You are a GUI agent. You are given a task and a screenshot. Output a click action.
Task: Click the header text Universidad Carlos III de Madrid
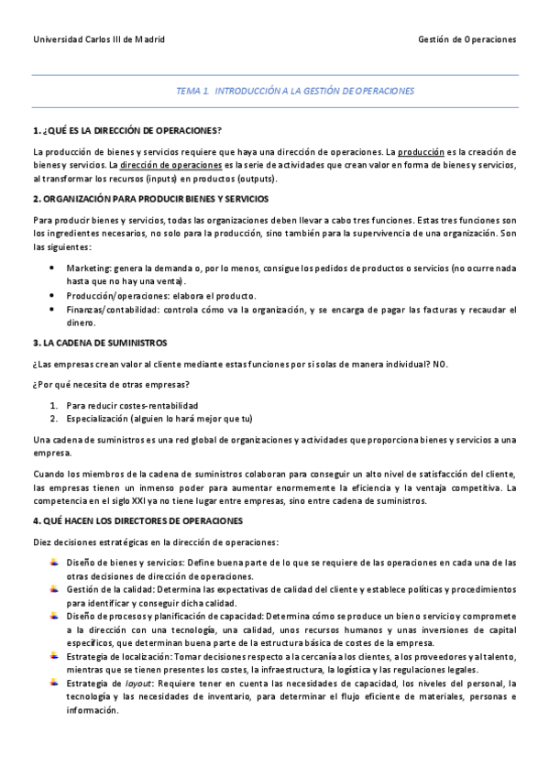point(99,40)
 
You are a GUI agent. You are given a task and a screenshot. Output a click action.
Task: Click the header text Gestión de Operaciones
point(467,40)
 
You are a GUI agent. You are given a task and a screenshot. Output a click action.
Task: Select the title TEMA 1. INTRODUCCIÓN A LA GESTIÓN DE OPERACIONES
point(295,92)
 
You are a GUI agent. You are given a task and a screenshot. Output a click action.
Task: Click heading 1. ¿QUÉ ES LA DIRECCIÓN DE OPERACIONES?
point(126,130)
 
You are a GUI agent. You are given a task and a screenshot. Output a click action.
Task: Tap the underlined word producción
point(421,151)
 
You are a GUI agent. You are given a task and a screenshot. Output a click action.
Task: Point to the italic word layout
point(138,684)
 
